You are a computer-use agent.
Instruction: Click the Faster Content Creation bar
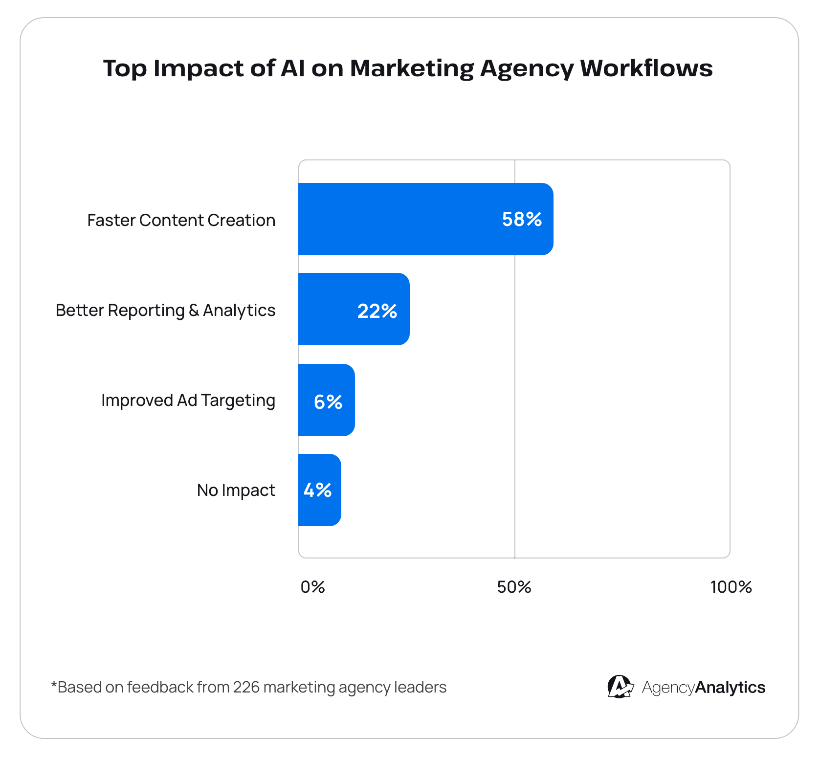click(x=401, y=219)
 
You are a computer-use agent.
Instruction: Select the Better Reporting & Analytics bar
click(x=328, y=309)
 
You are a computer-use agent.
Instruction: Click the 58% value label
click(x=522, y=219)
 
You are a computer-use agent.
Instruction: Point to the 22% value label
click(x=377, y=311)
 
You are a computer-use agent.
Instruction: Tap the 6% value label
click(x=328, y=402)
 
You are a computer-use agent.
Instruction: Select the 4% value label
click(x=317, y=490)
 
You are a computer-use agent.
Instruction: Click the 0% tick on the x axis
click(x=312, y=587)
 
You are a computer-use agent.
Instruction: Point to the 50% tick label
click(x=514, y=587)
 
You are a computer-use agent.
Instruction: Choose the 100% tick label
click(x=731, y=587)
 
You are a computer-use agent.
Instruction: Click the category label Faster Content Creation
click(x=181, y=220)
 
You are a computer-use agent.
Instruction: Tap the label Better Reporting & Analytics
click(x=165, y=311)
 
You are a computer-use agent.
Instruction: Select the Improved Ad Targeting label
click(x=188, y=401)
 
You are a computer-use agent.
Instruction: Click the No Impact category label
click(x=236, y=490)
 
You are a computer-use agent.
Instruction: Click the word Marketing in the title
click(x=412, y=68)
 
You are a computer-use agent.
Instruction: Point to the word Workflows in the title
click(x=646, y=68)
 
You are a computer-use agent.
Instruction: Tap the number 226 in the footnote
click(x=246, y=687)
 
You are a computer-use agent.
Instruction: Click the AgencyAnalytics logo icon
click(x=620, y=687)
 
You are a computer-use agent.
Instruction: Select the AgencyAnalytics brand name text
click(x=703, y=687)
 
